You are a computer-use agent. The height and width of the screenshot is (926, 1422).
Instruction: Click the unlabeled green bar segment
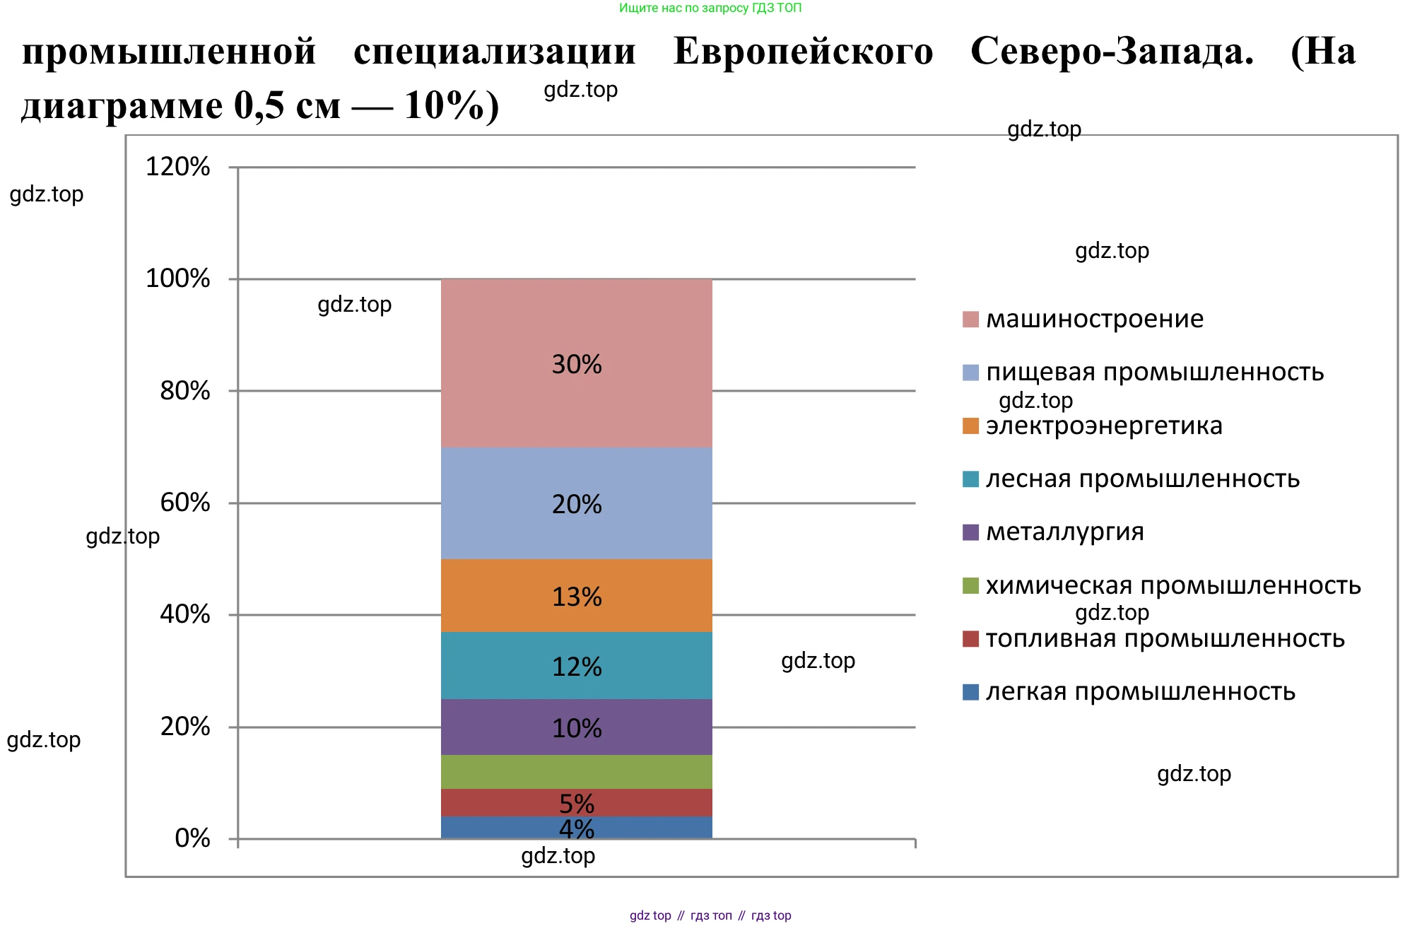(576, 771)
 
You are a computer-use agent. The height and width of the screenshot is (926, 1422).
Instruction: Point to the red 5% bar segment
(576, 802)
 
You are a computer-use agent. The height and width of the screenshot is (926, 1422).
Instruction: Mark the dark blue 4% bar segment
(576, 828)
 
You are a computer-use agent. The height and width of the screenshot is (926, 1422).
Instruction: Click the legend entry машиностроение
(1094, 319)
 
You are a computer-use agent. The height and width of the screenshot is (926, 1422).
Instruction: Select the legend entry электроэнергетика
(1103, 426)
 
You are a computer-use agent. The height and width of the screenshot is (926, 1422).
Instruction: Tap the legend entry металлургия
(1064, 532)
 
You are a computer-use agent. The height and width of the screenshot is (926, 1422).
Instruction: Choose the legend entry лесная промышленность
(1142, 479)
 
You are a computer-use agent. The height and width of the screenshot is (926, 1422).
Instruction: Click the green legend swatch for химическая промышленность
(970, 585)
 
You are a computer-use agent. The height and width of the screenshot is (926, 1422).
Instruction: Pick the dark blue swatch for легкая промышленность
(970, 692)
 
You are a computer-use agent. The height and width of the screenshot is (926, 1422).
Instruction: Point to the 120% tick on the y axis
(177, 167)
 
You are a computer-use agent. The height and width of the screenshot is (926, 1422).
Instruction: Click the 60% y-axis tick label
(184, 503)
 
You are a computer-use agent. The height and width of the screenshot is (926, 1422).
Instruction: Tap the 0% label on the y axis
(192, 838)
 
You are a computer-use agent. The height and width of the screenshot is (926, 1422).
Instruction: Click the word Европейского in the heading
(803, 52)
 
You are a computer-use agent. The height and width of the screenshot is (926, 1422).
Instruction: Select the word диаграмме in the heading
(122, 106)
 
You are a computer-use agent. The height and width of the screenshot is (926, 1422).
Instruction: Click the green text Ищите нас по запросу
(683, 8)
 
